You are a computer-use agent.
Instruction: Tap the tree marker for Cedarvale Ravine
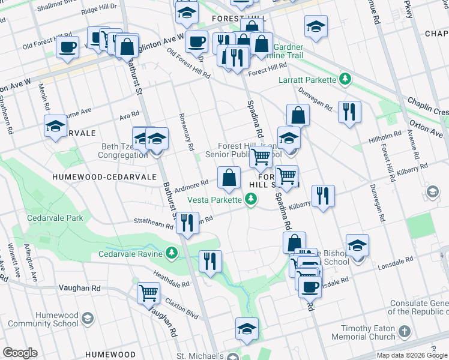point(172,253)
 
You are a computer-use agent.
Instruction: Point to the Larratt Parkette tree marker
point(345,79)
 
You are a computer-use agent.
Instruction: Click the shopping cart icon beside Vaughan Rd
point(148,293)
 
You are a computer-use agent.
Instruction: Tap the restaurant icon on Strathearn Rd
point(187,223)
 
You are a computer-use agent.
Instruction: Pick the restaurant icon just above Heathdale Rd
point(210,261)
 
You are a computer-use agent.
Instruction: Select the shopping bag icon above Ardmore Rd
point(229,178)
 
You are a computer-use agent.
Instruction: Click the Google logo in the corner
point(20,353)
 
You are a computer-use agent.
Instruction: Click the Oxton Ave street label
point(428,123)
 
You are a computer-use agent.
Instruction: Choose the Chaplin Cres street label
point(427,107)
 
